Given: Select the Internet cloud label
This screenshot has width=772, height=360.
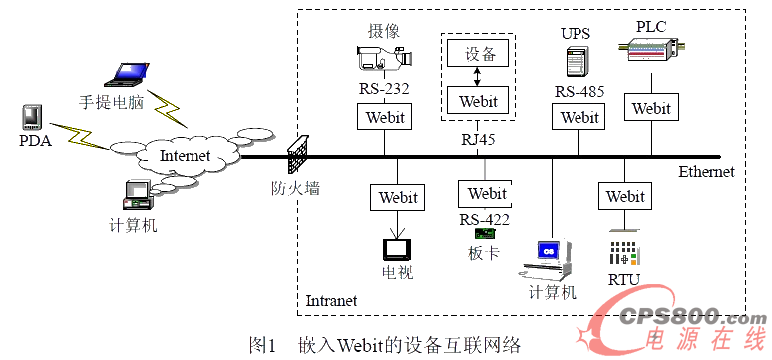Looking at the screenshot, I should tap(186, 155).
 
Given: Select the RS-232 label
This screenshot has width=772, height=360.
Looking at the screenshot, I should tap(384, 90).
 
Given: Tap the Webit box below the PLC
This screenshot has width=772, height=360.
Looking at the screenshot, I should tap(651, 107).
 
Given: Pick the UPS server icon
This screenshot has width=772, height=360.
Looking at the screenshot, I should tap(576, 63).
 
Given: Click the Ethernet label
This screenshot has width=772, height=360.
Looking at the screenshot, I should tap(705, 172).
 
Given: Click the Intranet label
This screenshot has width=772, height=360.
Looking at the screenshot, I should tap(330, 300).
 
